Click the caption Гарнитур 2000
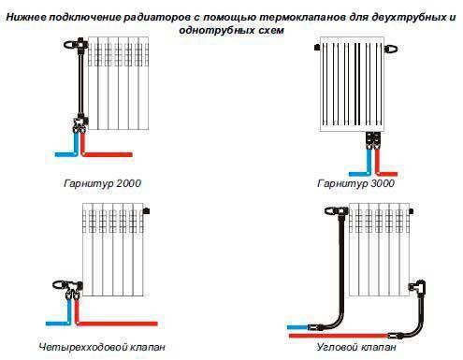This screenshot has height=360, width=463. click(102, 183)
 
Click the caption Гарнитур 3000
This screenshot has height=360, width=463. click(355, 183)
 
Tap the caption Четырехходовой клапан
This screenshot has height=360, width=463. click(102, 347)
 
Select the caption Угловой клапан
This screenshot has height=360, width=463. click(356, 347)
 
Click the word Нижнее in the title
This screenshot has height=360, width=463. click(26, 17)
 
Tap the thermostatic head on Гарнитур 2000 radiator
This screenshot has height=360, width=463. click(71, 45)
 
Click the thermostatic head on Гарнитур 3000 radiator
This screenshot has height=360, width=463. click(391, 49)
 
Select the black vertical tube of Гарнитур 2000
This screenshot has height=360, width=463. click(81, 83)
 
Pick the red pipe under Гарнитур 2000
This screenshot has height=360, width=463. click(103, 149)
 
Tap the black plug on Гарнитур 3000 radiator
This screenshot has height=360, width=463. click(317, 48)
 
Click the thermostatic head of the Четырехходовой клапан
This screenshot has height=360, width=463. click(59, 285)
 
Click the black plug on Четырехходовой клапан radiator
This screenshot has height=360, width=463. click(146, 211)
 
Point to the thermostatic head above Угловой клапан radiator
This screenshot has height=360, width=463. click(332, 211)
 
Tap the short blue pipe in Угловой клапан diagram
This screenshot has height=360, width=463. click(298, 327)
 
